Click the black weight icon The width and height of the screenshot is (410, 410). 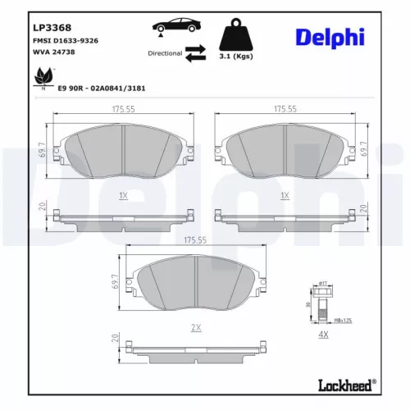click(235, 34)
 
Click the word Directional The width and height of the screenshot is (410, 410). click(165, 53)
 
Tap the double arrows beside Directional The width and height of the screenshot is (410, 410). click(195, 53)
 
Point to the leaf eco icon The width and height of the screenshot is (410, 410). click(39, 78)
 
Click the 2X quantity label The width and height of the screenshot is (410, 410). click(194, 327)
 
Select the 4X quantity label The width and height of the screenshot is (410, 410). click(322, 335)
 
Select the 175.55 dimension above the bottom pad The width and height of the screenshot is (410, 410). click(194, 240)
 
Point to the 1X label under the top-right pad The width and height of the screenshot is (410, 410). click(285, 196)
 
